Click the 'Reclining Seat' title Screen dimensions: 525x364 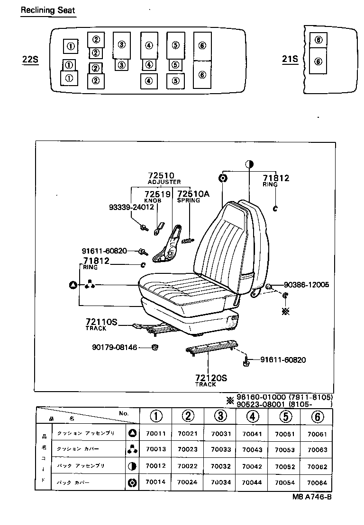47,10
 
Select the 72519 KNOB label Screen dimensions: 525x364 157,194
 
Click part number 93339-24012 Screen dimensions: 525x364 131,207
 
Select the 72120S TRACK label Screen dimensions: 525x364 211,378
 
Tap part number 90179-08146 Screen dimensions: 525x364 114,347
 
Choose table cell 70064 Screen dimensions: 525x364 317,483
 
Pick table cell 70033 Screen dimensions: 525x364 220,450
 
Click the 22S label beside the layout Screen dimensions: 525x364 30,60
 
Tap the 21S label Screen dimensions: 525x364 290,59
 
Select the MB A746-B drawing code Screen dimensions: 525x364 311,498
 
